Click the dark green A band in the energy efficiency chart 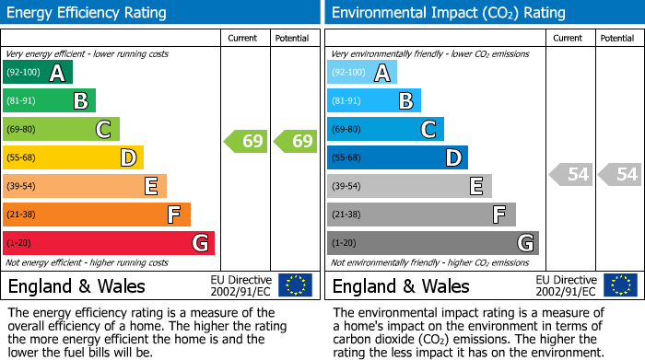[38, 73]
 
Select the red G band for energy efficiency [109, 243]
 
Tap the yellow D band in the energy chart [73, 158]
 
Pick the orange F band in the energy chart [97, 215]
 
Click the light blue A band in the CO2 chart [362, 73]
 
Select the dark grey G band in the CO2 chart [432, 243]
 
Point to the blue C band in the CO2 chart [385, 130]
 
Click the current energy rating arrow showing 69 [246, 142]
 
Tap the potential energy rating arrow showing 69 [295, 142]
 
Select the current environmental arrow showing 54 [571, 174]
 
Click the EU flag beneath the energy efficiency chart [295, 285]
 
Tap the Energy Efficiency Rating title [88, 13]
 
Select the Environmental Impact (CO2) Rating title [448, 13]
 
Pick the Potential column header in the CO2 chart [616, 38]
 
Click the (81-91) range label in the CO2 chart [346, 101]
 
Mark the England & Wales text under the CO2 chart [401, 286]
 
